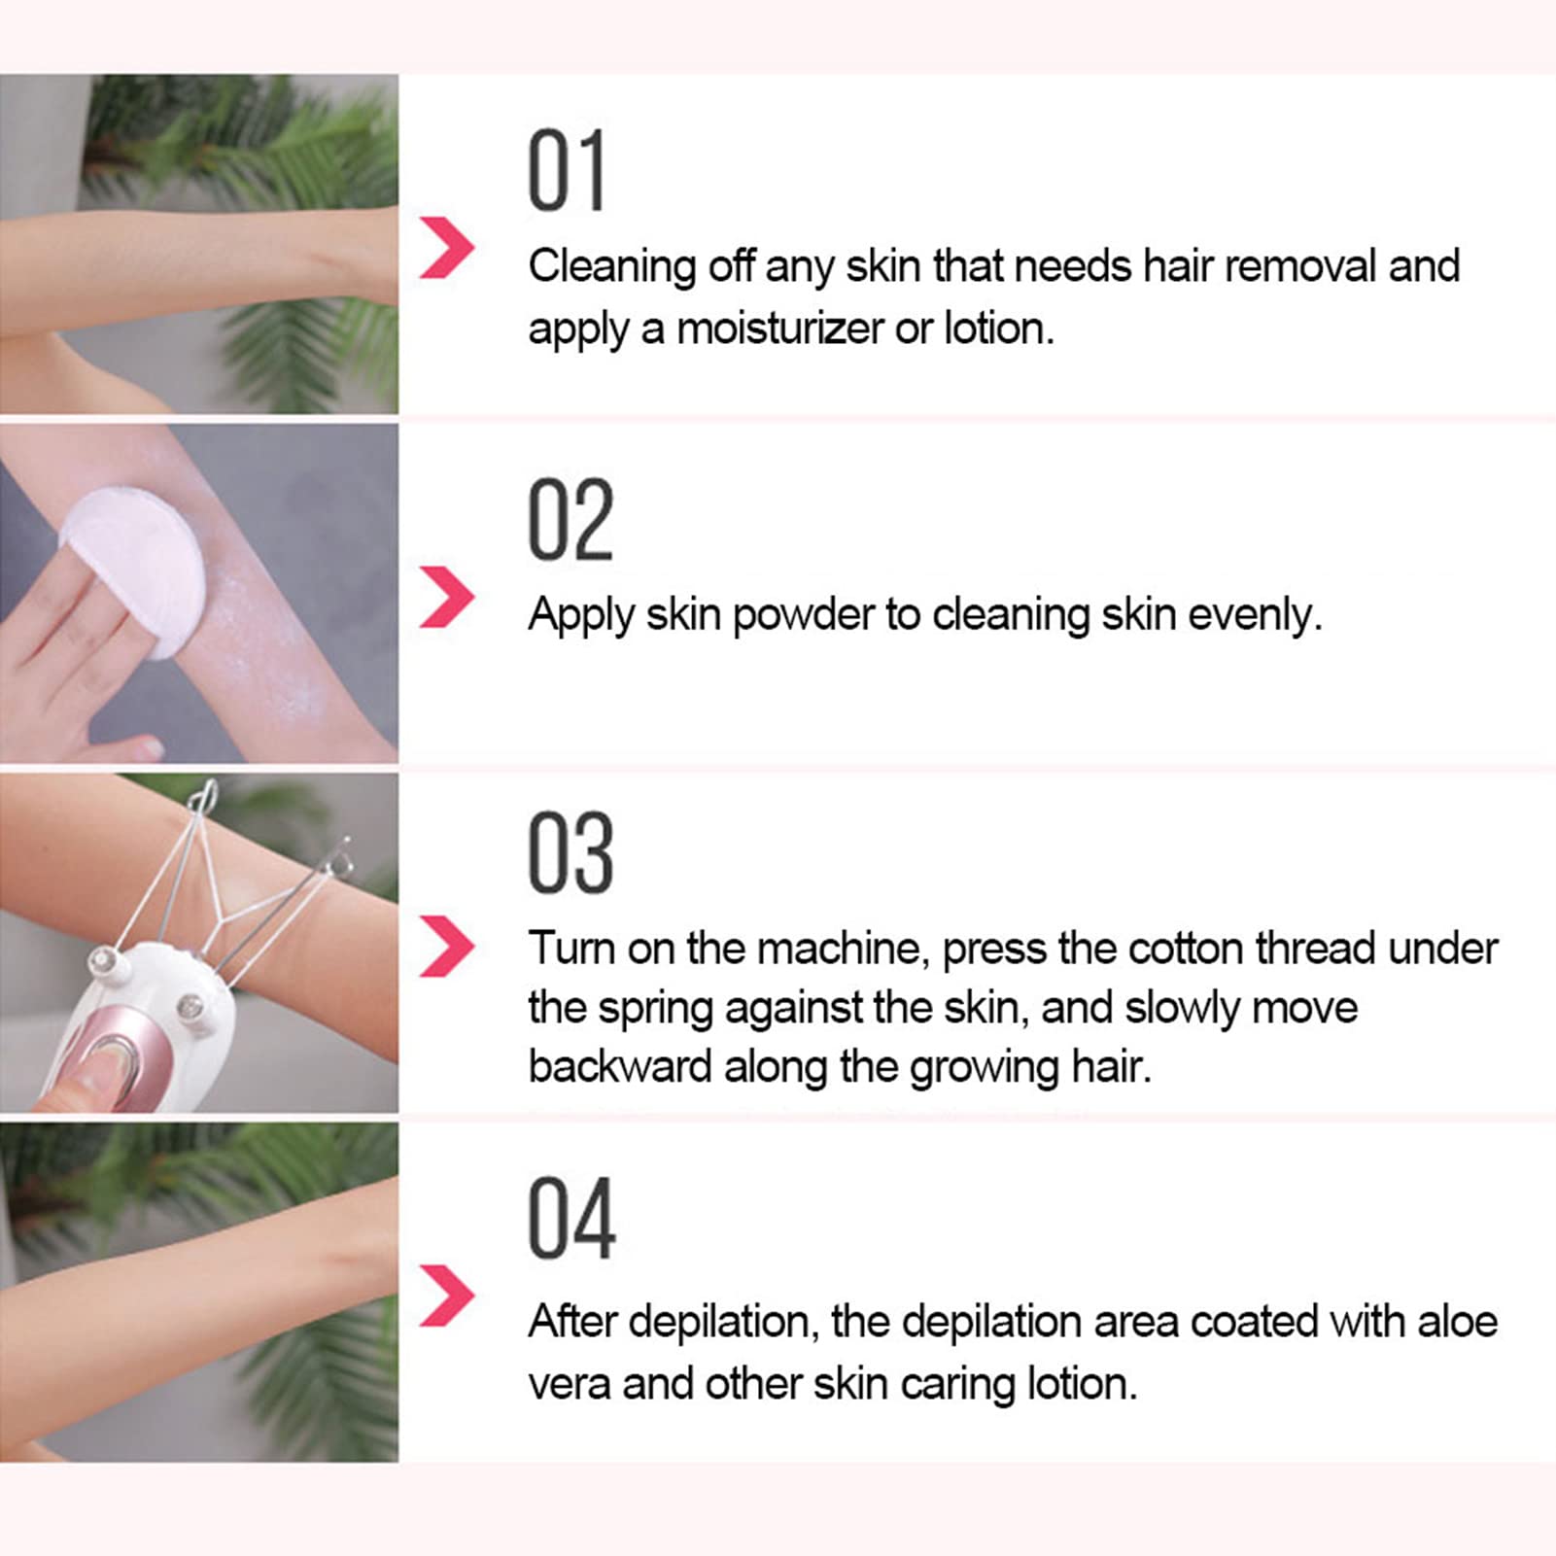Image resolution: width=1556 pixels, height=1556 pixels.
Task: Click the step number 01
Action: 567,171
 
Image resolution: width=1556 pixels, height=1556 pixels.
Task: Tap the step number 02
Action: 571,520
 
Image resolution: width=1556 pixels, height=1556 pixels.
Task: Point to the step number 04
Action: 571,1218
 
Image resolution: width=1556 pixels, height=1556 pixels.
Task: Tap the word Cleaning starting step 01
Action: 611,267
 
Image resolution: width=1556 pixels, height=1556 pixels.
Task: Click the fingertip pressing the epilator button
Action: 92,1079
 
